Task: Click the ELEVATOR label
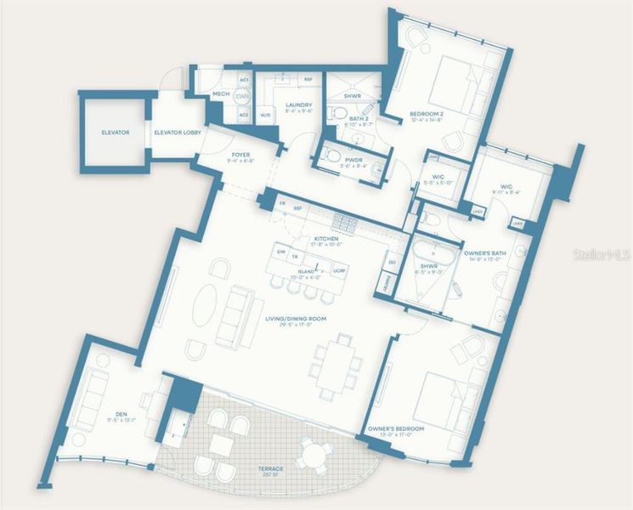[115, 133]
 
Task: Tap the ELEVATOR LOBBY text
[175, 133]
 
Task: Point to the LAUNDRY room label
[300, 105]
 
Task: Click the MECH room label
[221, 94]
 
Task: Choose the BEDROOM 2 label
[427, 115]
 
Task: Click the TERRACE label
[272, 469]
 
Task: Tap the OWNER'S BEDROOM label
[396, 428]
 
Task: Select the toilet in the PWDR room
[334, 156]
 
